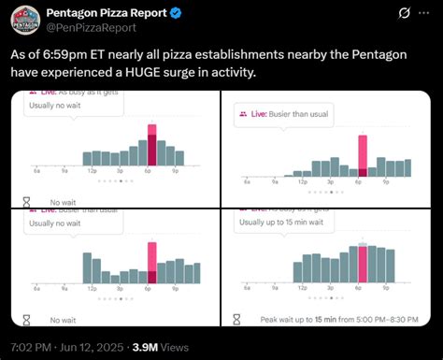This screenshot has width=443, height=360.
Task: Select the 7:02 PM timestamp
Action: point(36,346)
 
